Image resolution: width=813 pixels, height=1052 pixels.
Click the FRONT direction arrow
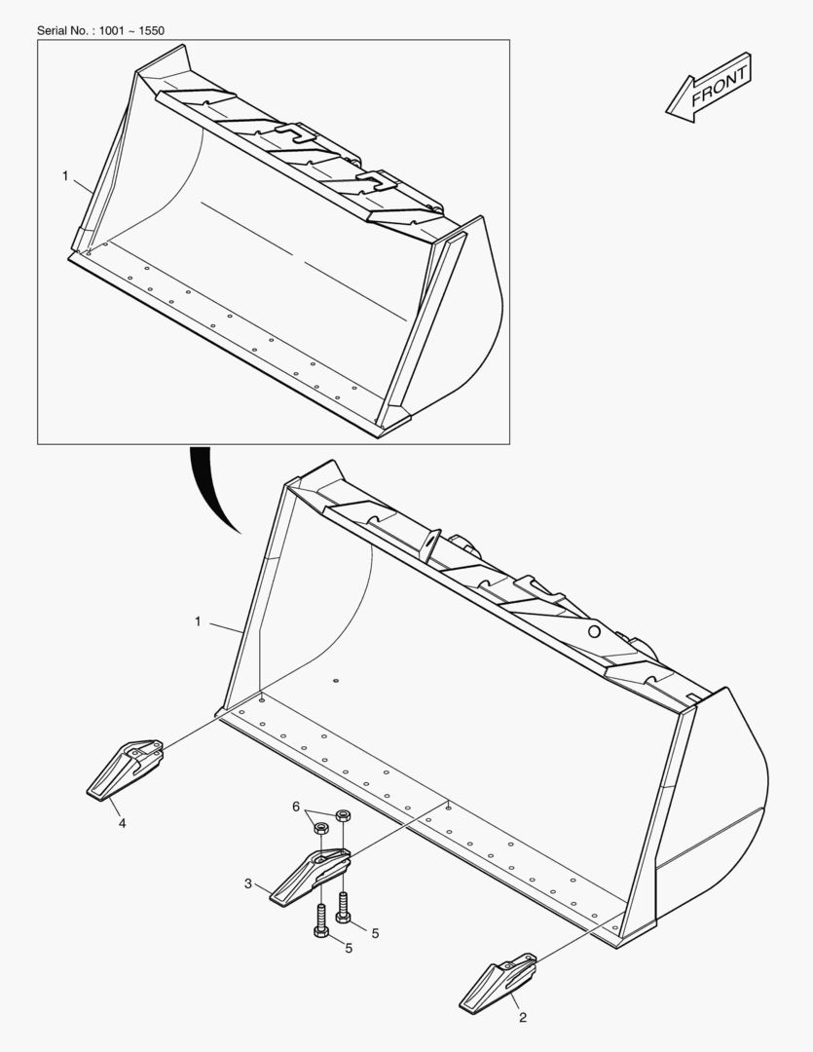[708, 88]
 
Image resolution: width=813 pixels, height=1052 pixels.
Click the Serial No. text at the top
[100, 30]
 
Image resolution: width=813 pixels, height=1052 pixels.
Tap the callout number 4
[122, 823]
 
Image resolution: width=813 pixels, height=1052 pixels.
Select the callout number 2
[523, 1018]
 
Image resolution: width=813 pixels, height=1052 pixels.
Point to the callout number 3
[248, 883]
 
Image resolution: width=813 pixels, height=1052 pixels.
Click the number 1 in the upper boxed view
[65, 176]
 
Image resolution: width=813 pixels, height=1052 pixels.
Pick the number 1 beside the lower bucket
[198, 620]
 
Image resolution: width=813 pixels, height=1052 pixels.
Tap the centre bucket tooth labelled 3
[310, 875]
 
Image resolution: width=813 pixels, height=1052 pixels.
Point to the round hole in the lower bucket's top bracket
[593, 631]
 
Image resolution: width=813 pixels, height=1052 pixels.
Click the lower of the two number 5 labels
[349, 948]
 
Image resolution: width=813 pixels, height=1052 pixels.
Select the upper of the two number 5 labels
[375, 932]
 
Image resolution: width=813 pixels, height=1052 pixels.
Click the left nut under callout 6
[322, 829]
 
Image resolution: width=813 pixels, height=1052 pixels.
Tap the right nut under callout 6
[343, 815]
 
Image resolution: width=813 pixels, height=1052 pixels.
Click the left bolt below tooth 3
[321, 920]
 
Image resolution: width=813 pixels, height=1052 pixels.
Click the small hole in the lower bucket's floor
[334, 681]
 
